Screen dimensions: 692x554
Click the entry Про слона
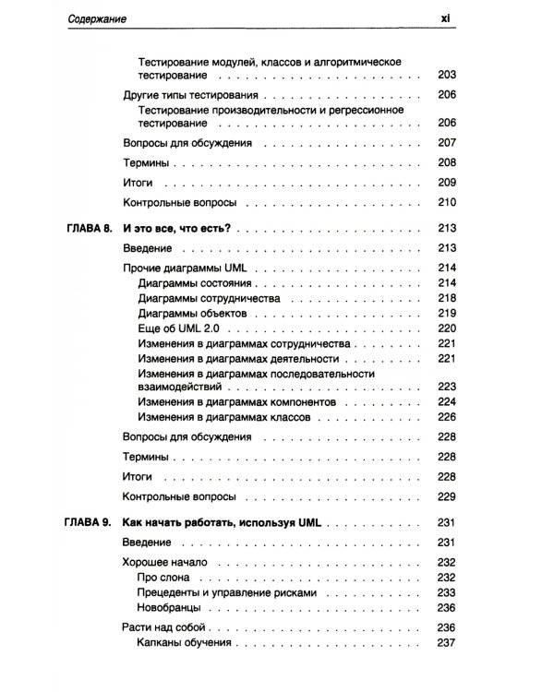coord(163,577)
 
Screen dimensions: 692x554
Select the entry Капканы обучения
coord(183,643)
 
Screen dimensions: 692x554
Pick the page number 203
coord(448,75)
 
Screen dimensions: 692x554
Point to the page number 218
coord(448,298)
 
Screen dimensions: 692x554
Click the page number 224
coord(448,402)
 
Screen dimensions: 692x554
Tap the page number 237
coord(448,643)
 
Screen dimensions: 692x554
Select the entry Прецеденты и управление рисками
coord(226,591)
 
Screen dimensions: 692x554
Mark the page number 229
coord(448,496)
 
